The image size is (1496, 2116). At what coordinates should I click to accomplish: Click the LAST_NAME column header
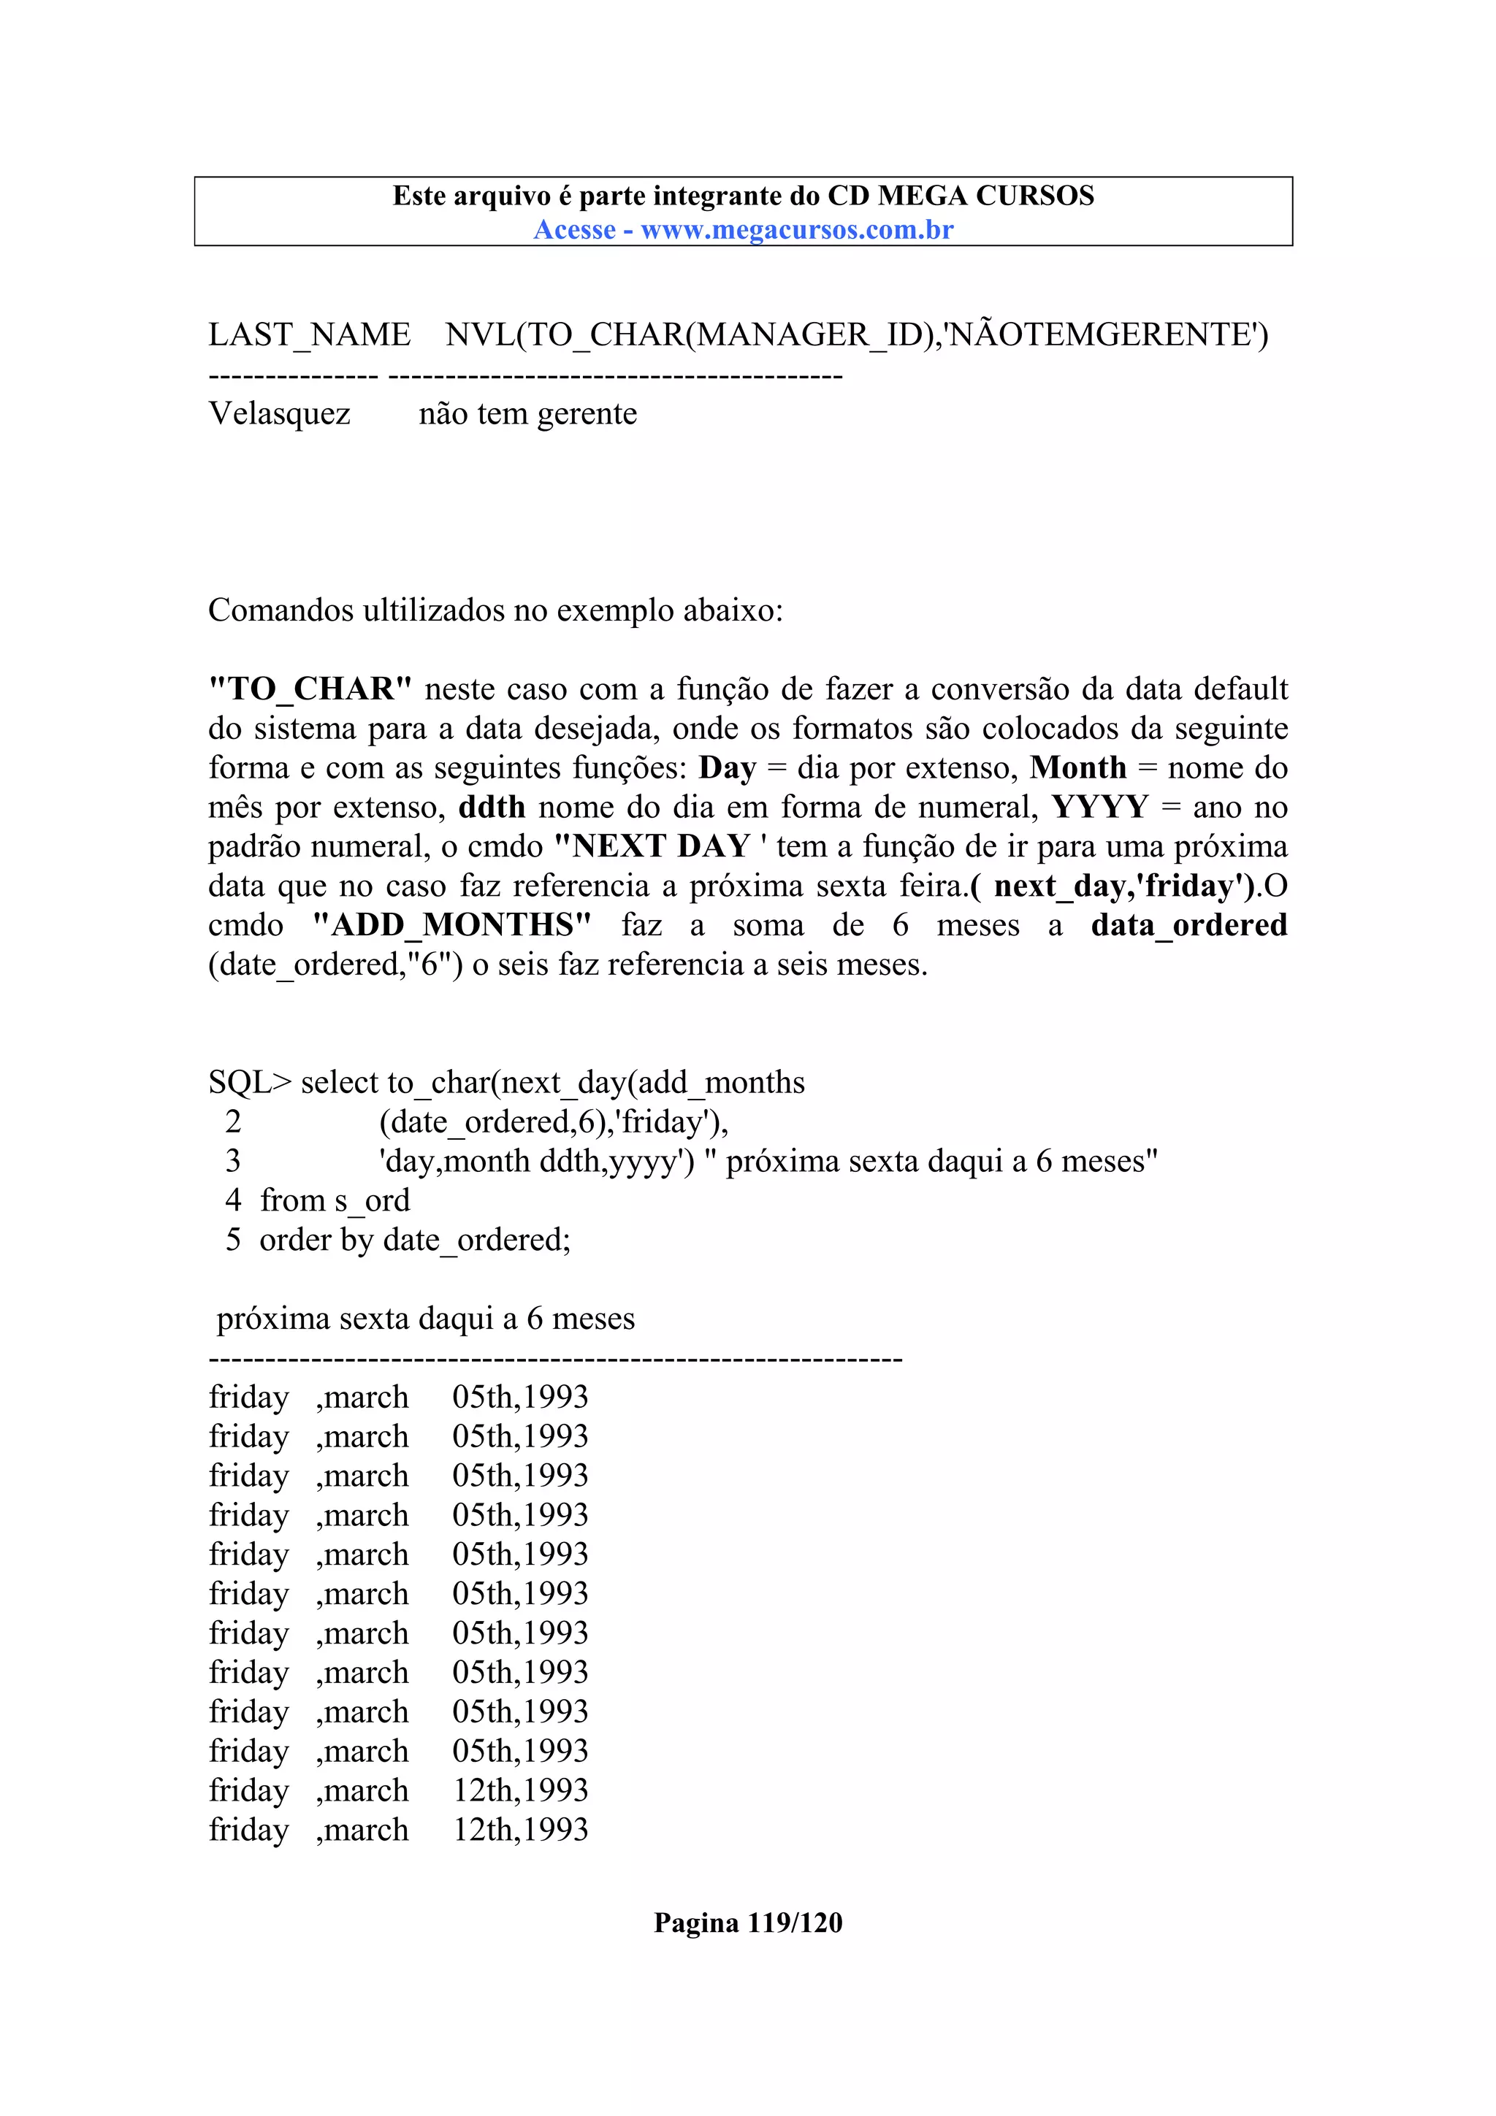(309, 334)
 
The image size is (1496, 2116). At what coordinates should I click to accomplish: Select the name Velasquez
(279, 414)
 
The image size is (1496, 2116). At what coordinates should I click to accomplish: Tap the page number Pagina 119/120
(747, 1923)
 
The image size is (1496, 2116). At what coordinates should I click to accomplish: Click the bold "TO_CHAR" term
(310, 689)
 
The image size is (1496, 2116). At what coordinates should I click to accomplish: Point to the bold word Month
(1077, 767)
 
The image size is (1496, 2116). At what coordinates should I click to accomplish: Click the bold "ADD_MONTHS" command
(451, 925)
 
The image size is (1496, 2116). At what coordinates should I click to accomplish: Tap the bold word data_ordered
(1188, 925)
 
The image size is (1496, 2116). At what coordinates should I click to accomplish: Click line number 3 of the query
(233, 1161)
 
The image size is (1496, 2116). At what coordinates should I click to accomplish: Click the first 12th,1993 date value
(520, 1790)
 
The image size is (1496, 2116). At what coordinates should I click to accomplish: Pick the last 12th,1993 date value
(520, 1831)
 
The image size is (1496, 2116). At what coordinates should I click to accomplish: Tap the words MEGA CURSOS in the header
(985, 196)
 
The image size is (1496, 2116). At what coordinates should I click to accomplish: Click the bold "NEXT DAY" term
(652, 847)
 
